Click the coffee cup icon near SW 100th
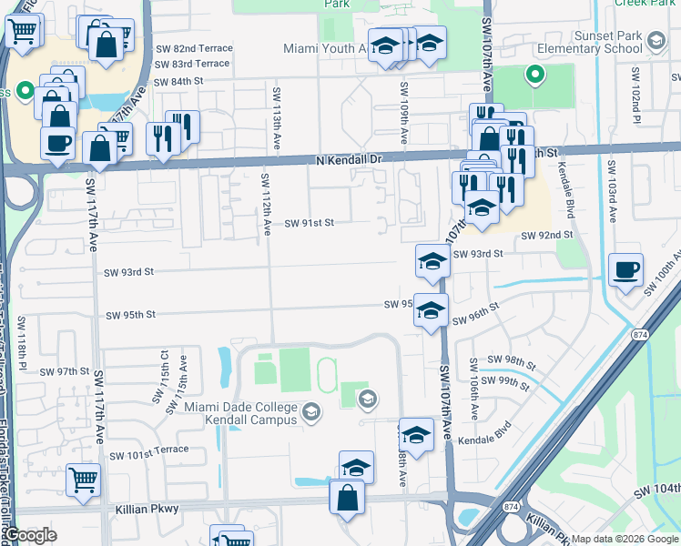click(x=625, y=270)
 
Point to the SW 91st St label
click(x=310, y=222)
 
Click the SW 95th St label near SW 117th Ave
click(x=130, y=315)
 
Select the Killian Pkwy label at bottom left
click(x=147, y=511)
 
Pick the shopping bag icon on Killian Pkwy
click(x=347, y=498)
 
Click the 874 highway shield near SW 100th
click(x=638, y=333)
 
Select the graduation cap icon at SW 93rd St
click(x=432, y=261)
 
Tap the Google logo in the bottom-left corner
click(x=30, y=535)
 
